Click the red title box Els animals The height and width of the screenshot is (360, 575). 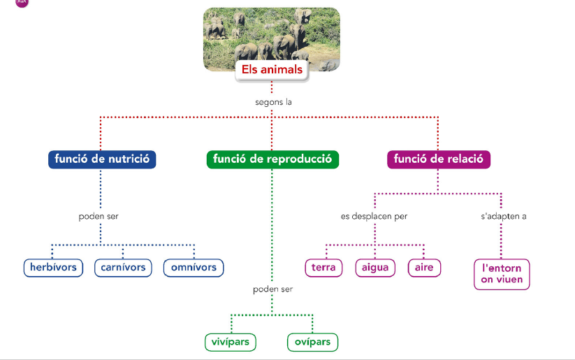[x=272, y=70]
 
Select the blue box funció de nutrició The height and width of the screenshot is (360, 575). [x=102, y=159]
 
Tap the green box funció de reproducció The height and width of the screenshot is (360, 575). [x=272, y=159]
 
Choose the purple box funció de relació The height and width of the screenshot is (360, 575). [x=439, y=159]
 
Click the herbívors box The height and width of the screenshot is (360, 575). [x=53, y=268]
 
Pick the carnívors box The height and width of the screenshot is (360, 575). [x=123, y=268]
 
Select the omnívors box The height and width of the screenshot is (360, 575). [x=194, y=268]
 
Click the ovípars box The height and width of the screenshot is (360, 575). [x=312, y=343]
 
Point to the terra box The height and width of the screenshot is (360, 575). [x=323, y=268]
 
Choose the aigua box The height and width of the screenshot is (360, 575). [x=375, y=268]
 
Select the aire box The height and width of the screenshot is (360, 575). [x=423, y=268]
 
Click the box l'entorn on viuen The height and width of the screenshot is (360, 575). [x=502, y=274]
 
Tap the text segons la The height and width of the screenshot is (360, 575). [x=272, y=102]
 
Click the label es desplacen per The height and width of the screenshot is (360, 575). [x=374, y=216]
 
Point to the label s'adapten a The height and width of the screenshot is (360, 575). [x=503, y=216]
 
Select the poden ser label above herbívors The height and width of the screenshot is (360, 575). [x=99, y=216]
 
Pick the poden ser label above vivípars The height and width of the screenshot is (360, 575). [x=272, y=289]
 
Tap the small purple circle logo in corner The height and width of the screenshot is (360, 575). [x=22, y=2]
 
